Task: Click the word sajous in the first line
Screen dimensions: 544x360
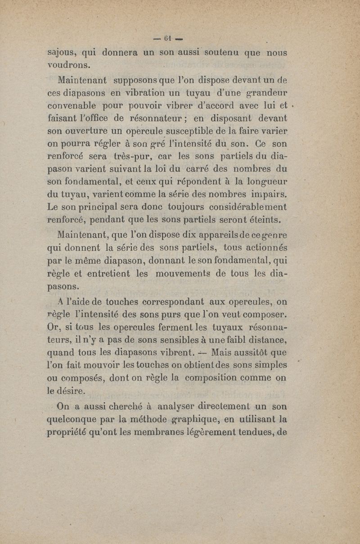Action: [x=63, y=52]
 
